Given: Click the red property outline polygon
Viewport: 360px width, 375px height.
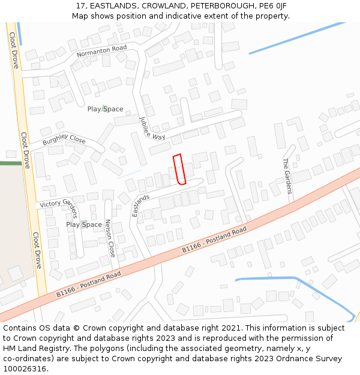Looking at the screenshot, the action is point(179,169).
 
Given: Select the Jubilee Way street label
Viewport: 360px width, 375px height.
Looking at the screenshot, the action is point(152,128).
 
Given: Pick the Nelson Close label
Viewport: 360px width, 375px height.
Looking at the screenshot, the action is point(110,238).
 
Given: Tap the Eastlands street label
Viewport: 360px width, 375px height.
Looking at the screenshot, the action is point(141,206).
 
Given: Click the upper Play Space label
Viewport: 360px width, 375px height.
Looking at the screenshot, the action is point(105,109).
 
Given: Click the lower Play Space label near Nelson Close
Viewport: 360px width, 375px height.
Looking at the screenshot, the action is point(83,224).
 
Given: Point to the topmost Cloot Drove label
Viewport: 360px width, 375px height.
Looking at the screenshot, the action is point(14,50).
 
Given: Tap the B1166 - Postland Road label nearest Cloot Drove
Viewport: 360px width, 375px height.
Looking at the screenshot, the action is point(88,284).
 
